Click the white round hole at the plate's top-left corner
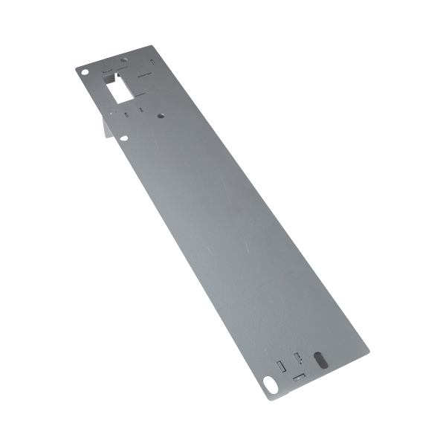[x=85, y=73]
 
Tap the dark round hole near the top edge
[x=124, y=59]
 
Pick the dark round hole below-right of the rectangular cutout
[x=161, y=116]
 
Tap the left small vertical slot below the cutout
[x=127, y=114]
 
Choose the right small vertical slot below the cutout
[x=140, y=112]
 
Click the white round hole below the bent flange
[x=124, y=138]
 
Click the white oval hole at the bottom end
[x=268, y=383]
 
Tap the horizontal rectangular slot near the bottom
[x=299, y=377]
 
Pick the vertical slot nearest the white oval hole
[x=280, y=366]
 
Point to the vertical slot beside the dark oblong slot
[x=298, y=358]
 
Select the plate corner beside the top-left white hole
[x=76, y=68]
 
